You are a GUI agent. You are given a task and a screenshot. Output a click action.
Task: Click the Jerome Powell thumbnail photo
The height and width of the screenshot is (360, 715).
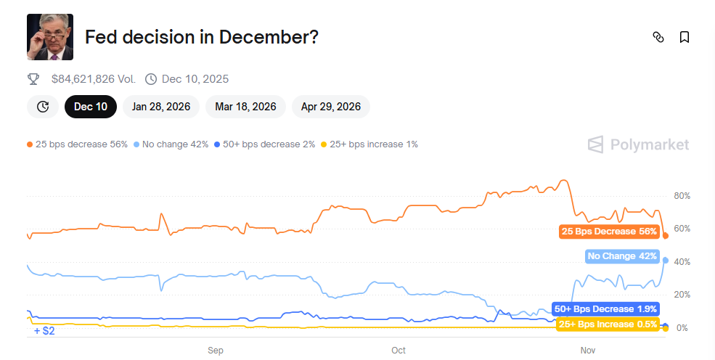pyautogui.click(x=50, y=37)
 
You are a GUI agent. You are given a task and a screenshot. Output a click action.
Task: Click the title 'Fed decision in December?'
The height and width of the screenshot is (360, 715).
pyautogui.click(x=202, y=37)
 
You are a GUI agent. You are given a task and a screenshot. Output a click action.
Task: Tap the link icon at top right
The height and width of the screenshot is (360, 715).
pyautogui.click(x=658, y=37)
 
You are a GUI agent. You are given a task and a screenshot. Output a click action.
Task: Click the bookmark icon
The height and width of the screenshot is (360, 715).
pyautogui.click(x=684, y=37)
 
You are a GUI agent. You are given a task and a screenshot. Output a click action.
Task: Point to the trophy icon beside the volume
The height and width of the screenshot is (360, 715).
pyautogui.click(x=33, y=78)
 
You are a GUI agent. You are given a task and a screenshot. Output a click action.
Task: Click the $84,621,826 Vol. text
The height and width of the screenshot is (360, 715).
pyautogui.click(x=94, y=78)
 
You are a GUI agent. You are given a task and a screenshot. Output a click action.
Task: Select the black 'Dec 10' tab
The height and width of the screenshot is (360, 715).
pyautogui.click(x=91, y=107)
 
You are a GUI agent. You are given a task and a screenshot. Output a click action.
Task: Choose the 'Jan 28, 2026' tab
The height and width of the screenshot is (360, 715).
pyautogui.click(x=161, y=107)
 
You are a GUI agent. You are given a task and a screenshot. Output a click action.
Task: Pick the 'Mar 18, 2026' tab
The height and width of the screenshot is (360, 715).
pyautogui.click(x=245, y=107)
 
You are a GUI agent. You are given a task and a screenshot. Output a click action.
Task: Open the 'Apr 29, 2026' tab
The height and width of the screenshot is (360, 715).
pyautogui.click(x=331, y=107)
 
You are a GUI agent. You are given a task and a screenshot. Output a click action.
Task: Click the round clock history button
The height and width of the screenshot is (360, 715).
pyautogui.click(x=43, y=107)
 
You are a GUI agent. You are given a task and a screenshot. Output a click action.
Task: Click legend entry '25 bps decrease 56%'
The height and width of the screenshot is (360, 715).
pyautogui.click(x=78, y=144)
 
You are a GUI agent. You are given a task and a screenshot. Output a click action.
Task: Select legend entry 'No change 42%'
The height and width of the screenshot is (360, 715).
pyautogui.click(x=171, y=144)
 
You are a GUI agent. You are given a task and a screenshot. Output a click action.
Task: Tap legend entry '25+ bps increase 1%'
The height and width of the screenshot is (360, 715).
pyautogui.click(x=369, y=144)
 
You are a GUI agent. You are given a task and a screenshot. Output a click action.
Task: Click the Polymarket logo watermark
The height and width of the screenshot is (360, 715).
pyautogui.click(x=638, y=144)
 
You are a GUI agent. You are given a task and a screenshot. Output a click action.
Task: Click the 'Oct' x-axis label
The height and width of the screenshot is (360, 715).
pyautogui.click(x=399, y=351)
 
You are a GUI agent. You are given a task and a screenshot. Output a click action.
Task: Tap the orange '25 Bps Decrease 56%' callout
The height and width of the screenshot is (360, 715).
pyautogui.click(x=608, y=232)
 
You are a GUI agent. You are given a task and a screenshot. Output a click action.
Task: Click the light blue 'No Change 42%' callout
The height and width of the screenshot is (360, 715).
pyautogui.click(x=621, y=256)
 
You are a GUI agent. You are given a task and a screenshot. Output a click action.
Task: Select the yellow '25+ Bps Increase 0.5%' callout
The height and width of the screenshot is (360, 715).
pyautogui.click(x=607, y=324)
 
